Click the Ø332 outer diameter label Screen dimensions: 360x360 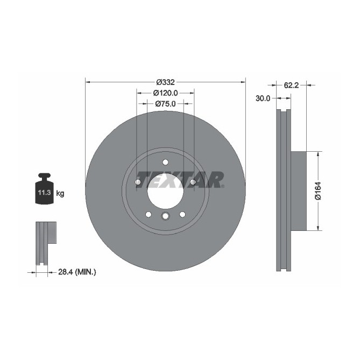click(165, 82)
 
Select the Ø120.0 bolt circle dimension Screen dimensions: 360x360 click(165, 93)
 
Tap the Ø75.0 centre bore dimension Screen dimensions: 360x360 click(165, 104)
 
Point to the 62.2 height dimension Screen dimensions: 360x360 click(291, 84)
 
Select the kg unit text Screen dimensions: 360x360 click(60, 193)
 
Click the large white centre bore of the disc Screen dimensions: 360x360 click(165, 191)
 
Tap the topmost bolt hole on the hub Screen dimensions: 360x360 click(165, 163)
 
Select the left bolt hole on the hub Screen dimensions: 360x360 click(138, 183)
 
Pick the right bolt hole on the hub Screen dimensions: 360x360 click(193, 183)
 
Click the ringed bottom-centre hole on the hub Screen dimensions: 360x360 click(165, 216)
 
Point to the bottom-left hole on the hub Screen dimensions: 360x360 click(148, 214)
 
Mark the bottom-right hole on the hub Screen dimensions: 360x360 click(182, 214)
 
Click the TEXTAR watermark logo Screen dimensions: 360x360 click(180, 180)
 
